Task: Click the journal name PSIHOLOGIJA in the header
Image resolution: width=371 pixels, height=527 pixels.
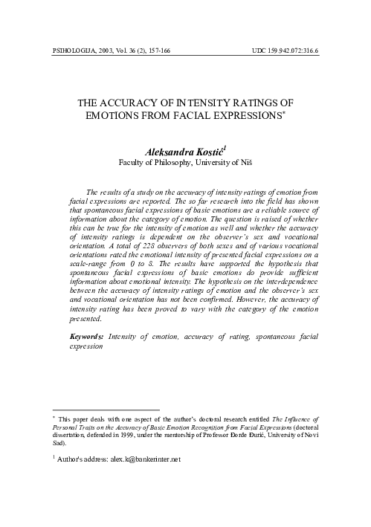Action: tap(72, 51)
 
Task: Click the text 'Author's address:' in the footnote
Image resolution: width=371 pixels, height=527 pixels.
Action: tap(77, 459)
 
